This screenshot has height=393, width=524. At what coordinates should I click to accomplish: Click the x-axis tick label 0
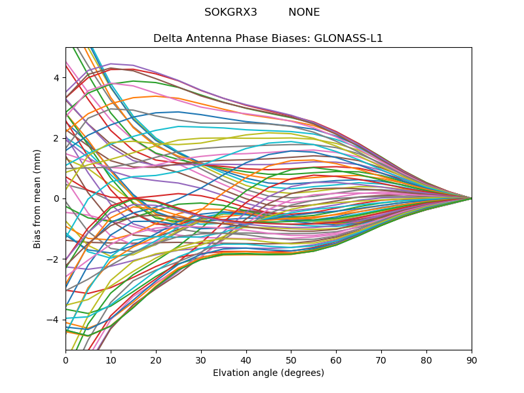[x=65, y=360]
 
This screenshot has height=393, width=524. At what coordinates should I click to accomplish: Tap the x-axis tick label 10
[x=111, y=360]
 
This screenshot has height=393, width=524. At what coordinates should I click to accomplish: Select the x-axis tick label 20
[x=156, y=360]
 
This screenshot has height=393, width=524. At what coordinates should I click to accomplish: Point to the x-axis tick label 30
[x=201, y=360]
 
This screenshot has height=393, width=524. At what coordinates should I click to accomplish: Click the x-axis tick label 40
[x=246, y=360]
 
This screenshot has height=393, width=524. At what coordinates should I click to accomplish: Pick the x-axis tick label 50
[x=291, y=360]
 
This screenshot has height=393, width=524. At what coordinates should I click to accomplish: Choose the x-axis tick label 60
[x=336, y=360]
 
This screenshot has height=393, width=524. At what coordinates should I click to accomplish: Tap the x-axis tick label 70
[x=381, y=360]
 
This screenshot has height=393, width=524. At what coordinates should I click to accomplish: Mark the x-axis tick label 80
[x=426, y=360]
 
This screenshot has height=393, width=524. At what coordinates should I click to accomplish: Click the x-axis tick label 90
[x=472, y=360]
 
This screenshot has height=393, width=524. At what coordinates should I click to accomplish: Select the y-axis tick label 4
[x=56, y=78]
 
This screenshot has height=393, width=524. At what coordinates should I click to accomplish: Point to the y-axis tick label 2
[x=56, y=138]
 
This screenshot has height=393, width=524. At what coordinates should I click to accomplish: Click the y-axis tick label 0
[x=56, y=198]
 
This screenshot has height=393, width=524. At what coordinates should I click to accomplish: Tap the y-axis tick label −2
[x=54, y=259]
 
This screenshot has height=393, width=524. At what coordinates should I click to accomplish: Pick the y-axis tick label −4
[x=54, y=320]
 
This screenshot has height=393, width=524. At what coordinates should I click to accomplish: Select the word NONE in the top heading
[x=304, y=12]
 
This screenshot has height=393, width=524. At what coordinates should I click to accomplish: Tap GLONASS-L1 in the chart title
[x=348, y=39]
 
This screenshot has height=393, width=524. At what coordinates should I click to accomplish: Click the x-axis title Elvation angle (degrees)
[x=269, y=373]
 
